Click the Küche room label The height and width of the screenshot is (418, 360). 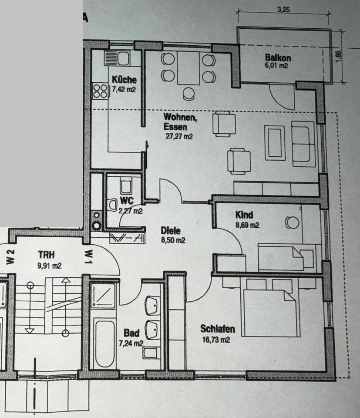124,80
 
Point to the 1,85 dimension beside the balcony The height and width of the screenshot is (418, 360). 340,56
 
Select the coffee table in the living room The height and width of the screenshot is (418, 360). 275,142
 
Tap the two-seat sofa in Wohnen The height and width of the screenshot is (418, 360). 303,144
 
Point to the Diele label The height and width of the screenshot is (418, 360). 170,231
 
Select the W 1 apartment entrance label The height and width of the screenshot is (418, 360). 87,257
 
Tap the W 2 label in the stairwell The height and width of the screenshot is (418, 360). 11,257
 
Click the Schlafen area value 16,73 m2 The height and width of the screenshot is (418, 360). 215,340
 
